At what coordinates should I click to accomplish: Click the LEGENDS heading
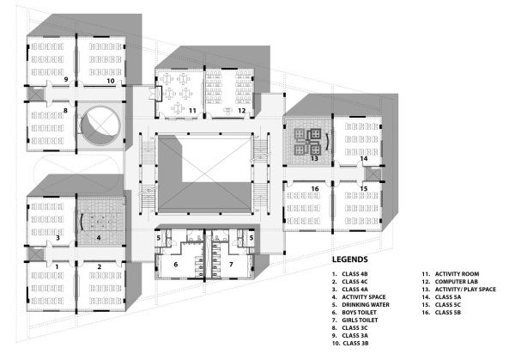point(349,259)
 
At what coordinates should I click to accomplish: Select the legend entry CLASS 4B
point(349,274)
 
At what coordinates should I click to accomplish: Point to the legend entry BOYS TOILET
point(354,313)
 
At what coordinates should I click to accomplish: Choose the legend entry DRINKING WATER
point(361,305)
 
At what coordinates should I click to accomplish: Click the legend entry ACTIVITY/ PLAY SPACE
point(458,290)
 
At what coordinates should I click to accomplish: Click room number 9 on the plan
point(66,79)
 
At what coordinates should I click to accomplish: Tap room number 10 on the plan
point(111,81)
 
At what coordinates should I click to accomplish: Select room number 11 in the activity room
point(192,111)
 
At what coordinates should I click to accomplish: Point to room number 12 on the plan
point(242,111)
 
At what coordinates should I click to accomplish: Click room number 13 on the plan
point(314,159)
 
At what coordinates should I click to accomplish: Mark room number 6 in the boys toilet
point(176,265)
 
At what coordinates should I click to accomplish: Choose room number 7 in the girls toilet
point(231,265)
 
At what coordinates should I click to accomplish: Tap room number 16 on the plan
point(315,189)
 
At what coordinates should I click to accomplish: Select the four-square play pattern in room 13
point(308,141)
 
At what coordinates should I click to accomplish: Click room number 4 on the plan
point(99,238)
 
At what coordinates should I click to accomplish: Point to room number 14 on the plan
point(364,159)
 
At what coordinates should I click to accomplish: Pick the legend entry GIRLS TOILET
point(354,320)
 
